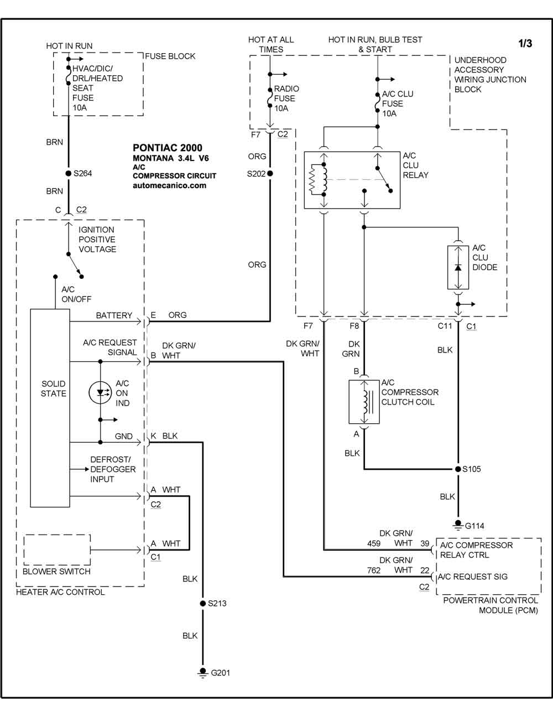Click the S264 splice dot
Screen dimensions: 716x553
tap(68, 173)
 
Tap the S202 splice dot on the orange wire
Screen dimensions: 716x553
tap(270, 174)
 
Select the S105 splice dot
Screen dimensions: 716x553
tap(458, 469)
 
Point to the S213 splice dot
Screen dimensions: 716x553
tap(202, 603)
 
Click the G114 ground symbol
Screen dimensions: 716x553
tap(458, 524)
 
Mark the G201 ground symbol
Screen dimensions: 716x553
tap(202, 672)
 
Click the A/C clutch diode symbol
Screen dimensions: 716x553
tap(458, 267)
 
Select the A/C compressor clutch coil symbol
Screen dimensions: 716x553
tap(364, 402)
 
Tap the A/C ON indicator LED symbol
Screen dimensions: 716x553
tap(101, 392)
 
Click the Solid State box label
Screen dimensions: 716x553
tap(53, 388)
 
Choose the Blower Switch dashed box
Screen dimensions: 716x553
tap(58, 549)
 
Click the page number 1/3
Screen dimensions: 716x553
tap(525, 43)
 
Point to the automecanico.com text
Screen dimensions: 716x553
tap(169, 186)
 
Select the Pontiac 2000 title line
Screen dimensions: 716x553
tap(168, 148)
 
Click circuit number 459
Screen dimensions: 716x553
tap(374, 544)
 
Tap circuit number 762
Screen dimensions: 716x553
tap(374, 570)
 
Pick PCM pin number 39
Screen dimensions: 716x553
tap(425, 544)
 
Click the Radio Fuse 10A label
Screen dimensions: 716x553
tap(286, 98)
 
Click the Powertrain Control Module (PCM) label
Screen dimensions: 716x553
tap(491, 605)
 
